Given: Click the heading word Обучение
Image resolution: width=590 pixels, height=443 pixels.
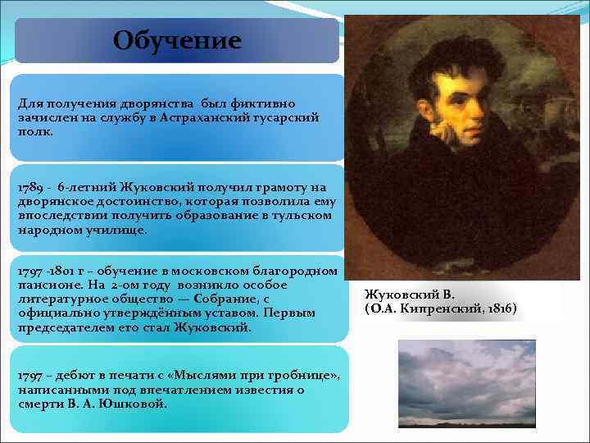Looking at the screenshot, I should (177, 40).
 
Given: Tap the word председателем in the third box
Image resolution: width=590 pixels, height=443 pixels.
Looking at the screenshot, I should (64, 327).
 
